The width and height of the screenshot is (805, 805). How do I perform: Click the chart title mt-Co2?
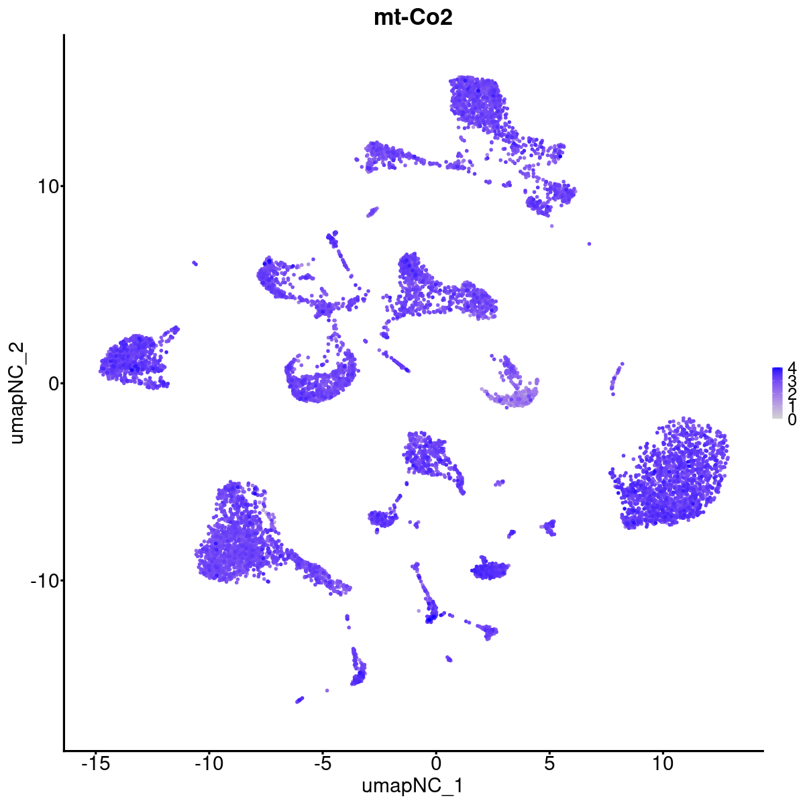[x=413, y=18]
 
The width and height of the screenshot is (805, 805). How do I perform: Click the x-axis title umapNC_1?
[x=413, y=786]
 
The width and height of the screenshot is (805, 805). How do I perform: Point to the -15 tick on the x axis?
[x=95, y=764]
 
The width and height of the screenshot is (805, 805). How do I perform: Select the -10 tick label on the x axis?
[x=209, y=764]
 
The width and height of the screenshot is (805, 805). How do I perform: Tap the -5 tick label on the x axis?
[x=322, y=764]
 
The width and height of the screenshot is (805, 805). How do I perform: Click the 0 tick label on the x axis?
[x=435, y=764]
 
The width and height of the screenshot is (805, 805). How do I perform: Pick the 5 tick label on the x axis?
[x=549, y=764]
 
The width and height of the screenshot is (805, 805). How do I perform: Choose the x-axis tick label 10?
[x=662, y=764]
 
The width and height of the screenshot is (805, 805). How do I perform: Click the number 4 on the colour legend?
[x=792, y=368]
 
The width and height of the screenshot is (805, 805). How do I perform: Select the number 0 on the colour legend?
[x=792, y=420]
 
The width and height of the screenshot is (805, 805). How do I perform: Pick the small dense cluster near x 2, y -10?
[x=490, y=571]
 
